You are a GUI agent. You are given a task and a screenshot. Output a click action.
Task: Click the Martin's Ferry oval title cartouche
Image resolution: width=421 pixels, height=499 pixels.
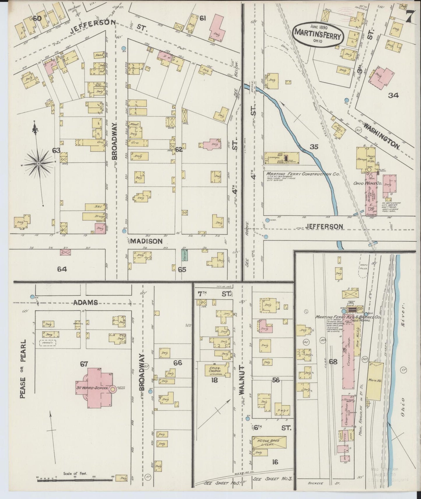coord(318,34)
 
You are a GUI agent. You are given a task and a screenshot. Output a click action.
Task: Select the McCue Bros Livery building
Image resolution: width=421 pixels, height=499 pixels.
coord(269,442)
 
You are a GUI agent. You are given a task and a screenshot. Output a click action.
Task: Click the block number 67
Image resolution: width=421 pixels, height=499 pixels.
coord(84,364)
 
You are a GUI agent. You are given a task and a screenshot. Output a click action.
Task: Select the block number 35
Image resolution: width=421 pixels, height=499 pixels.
coord(314,147)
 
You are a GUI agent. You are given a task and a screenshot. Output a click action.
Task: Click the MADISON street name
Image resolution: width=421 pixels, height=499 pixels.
coord(146,241)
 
